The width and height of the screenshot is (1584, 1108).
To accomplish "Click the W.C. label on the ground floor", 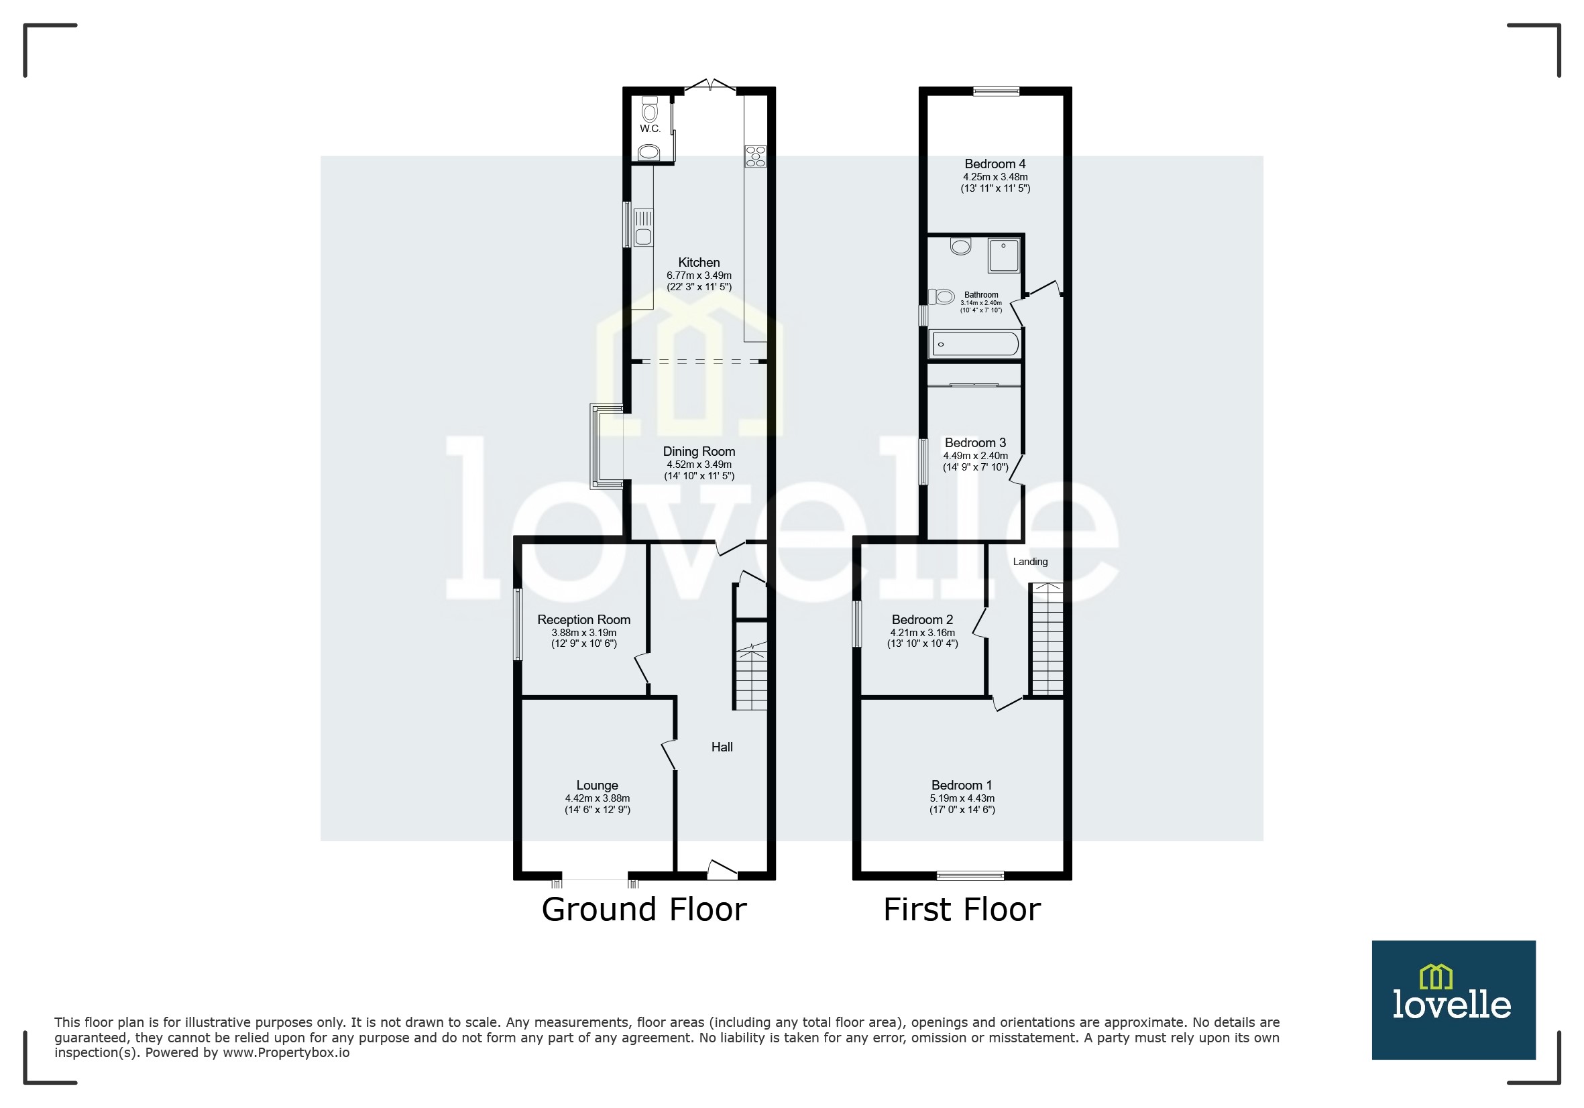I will coord(650,129).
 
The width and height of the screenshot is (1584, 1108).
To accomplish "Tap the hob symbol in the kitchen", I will coord(754,156).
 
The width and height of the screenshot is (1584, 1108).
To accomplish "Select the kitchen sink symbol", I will coord(643,228).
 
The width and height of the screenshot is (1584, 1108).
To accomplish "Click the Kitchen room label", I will coord(699,263).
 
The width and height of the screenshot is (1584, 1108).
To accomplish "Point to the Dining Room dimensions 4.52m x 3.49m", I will coord(699,465).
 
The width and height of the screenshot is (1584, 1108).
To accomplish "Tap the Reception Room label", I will coord(583,620).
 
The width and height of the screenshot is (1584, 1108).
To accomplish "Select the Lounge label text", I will coord(597,786).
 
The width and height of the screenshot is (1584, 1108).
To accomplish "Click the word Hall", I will coord(722,747).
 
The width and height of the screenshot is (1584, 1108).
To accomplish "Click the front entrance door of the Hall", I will coord(722,871).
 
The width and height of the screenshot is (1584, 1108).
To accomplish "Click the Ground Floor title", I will coord(644,910).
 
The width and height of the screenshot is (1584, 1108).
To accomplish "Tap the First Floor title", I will coord(962,910).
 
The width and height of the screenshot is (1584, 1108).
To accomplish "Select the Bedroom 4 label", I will coord(995,164).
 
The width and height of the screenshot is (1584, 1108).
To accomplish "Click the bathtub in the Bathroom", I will coord(975,344).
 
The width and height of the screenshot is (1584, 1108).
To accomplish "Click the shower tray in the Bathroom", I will coord(1003,255).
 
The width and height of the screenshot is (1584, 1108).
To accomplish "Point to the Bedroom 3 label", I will coord(975,442).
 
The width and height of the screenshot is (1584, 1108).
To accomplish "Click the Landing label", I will coord(1030,562).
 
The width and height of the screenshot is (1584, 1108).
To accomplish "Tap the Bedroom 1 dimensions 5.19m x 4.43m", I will coord(962,798).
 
